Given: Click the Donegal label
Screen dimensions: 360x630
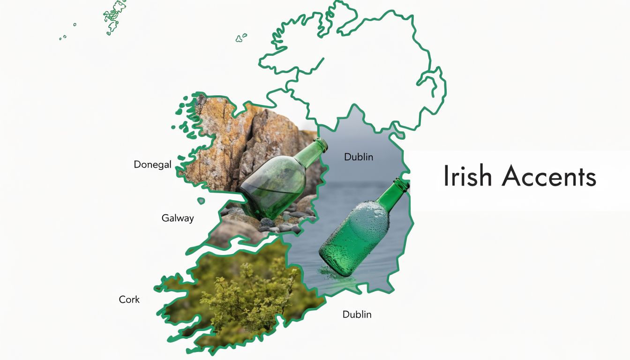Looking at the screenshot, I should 152,165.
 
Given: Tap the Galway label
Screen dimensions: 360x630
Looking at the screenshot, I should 178,218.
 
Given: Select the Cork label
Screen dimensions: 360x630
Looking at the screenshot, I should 129,299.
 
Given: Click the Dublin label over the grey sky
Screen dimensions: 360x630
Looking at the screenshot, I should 359,157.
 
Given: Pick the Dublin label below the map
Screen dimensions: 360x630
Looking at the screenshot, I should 357,314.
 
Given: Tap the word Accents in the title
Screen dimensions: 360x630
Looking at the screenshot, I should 549,177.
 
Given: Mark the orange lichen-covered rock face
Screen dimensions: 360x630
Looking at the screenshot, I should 220,136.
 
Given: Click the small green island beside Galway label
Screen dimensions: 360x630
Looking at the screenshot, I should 201,201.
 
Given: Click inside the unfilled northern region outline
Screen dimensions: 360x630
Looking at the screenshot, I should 356,70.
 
